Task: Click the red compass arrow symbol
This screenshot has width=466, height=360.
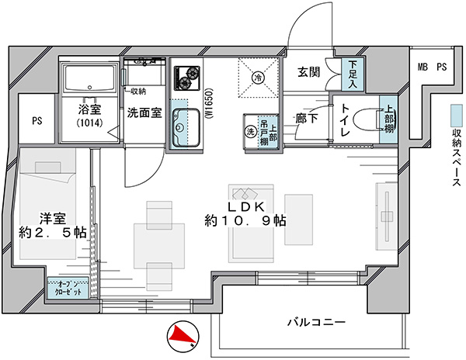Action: (182, 336)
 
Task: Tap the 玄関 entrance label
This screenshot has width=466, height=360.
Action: (309, 72)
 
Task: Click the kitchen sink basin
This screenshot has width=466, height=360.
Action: (186, 127)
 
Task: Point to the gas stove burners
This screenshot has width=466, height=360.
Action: (187, 78)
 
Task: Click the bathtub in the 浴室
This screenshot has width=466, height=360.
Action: (90, 78)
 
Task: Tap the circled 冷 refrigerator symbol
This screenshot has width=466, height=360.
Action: (258, 78)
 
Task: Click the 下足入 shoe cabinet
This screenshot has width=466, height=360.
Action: (353, 74)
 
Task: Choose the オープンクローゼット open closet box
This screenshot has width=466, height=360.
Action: (68, 287)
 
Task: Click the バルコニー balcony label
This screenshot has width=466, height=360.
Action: (316, 322)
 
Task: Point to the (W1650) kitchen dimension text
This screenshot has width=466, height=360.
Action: (210, 104)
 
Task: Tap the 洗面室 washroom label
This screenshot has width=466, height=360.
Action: (144, 112)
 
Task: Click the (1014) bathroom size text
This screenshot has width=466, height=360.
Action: (89, 123)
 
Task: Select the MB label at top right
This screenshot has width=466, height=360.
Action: (423, 67)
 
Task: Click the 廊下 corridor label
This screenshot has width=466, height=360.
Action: (307, 119)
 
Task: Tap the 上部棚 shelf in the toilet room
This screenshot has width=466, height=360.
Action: (389, 119)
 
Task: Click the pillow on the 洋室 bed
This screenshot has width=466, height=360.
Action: (47, 168)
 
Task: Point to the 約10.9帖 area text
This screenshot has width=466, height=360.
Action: (245, 221)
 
